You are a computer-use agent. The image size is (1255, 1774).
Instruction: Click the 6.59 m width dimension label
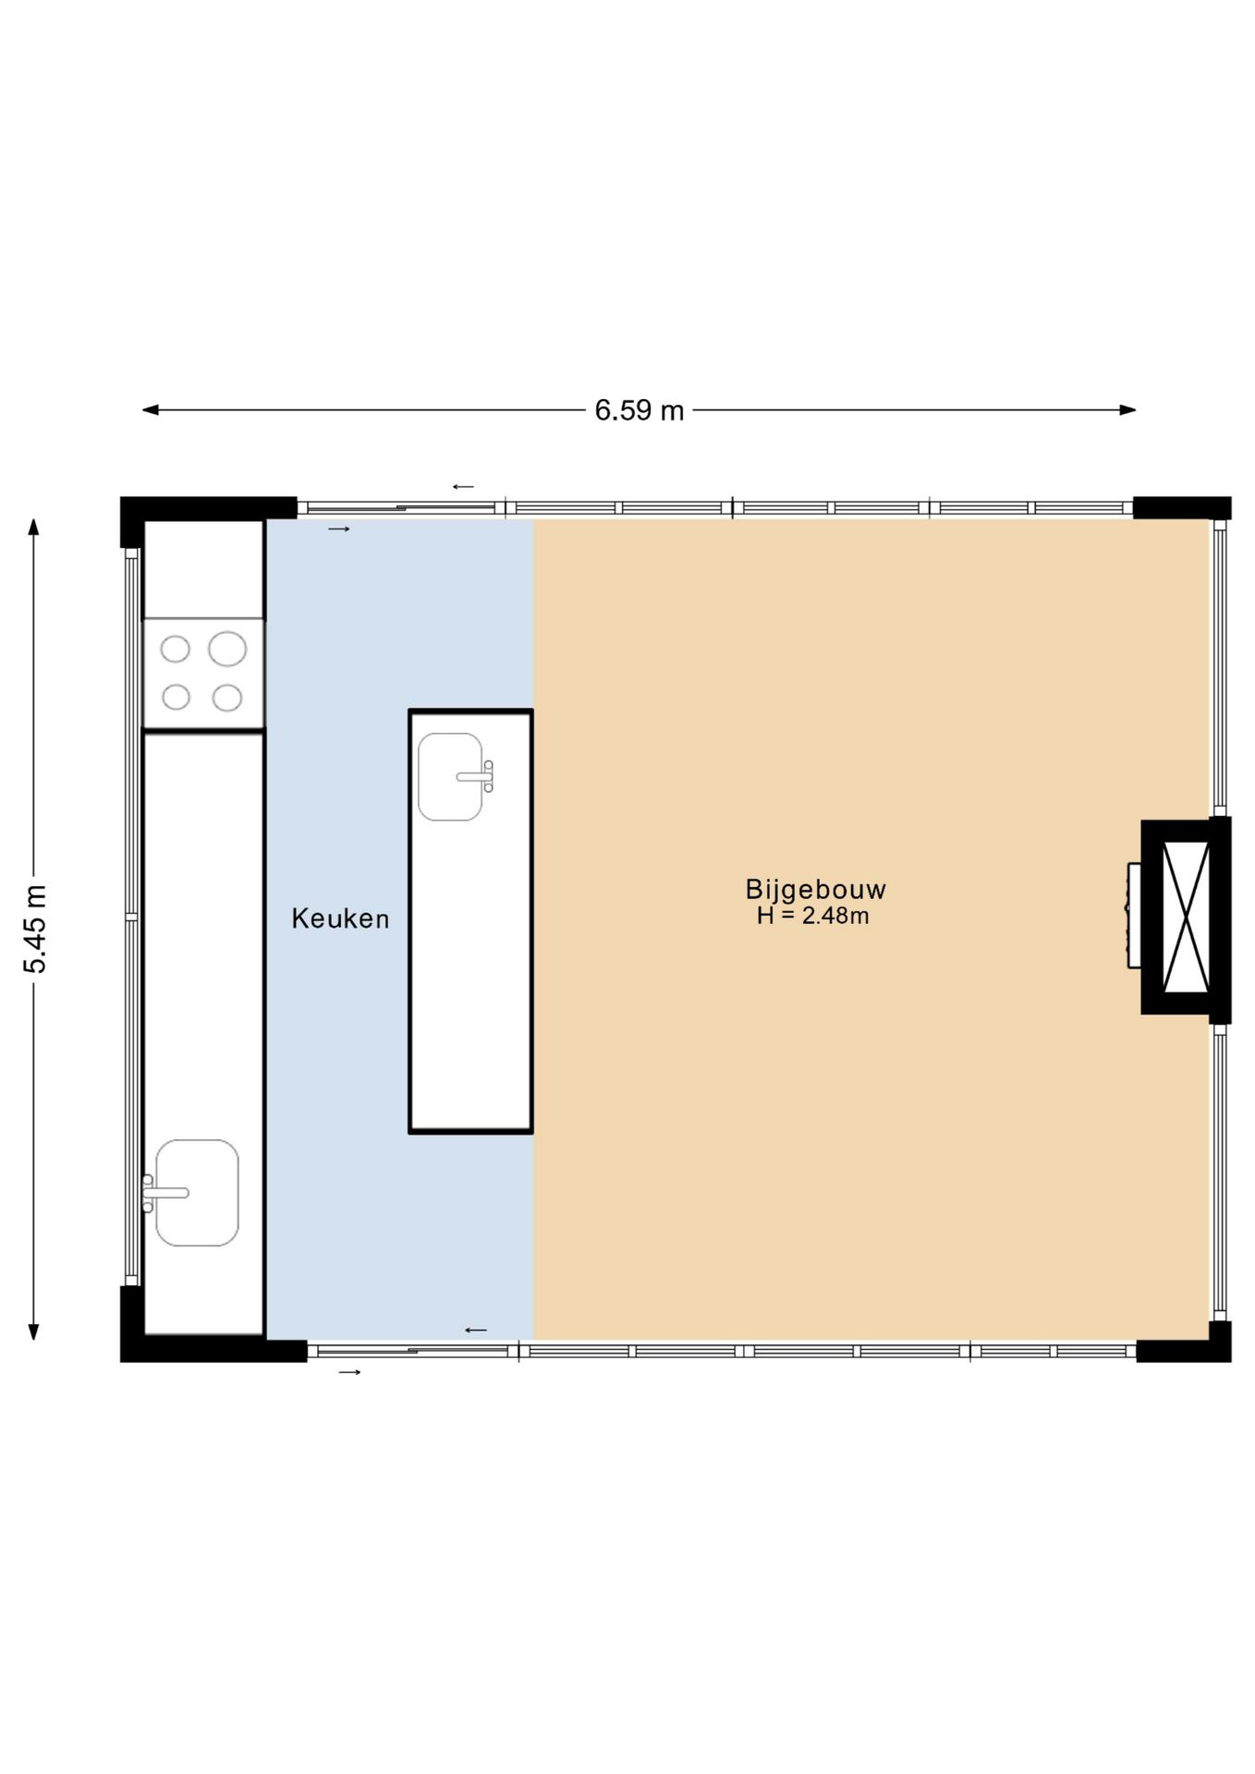click(639, 410)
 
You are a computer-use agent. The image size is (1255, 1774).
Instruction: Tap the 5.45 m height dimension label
click(35, 929)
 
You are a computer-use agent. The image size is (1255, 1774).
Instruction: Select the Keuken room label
click(340, 918)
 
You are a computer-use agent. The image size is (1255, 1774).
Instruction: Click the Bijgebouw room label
click(815, 890)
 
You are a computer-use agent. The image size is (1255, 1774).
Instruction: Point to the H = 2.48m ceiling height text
click(812, 916)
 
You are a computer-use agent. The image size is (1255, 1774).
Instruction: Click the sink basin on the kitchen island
click(450, 777)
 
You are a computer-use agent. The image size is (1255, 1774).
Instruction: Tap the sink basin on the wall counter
click(197, 1192)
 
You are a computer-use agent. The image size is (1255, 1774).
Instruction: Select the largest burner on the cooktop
click(227, 649)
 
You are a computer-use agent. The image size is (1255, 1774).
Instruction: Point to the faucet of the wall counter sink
click(164, 1193)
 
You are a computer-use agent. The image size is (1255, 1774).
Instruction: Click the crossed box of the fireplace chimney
click(1186, 917)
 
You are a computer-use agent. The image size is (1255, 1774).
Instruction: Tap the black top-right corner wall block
click(1182, 508)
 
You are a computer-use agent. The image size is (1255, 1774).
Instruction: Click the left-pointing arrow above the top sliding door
click(463, 487)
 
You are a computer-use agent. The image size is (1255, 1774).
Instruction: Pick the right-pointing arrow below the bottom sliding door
click(349, 1372)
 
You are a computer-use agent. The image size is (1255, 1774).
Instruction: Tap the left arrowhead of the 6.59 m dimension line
click(151, 410)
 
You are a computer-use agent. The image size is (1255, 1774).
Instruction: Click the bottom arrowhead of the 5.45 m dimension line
click(34, 1331)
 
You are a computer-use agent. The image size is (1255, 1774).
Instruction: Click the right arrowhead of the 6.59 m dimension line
click(1127, 410)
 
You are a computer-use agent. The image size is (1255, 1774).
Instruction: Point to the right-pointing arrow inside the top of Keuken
click(339, 529)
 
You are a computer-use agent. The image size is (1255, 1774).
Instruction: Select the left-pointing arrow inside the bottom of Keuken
click(475, 1330)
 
